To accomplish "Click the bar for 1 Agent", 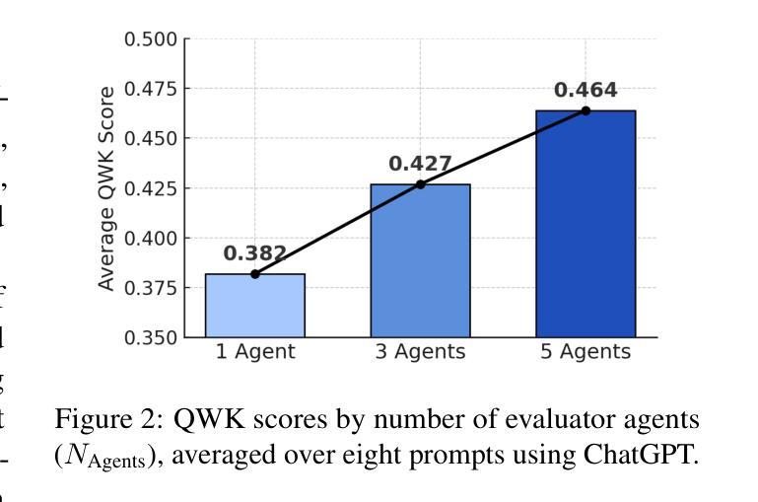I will click(x=254, y=306).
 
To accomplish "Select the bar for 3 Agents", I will click(x=420, y=261).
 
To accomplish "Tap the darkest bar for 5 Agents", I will click(x=586, y=224).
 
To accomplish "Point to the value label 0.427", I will click(x=420, y=164).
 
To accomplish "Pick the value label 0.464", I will click(x=586, y=90).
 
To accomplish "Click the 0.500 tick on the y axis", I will click(x=151, y=39).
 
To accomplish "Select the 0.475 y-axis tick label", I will click(x=151, y=89).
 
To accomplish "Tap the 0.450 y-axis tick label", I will click(x=151, y=139).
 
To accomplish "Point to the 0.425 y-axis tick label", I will click(x=151, y=188).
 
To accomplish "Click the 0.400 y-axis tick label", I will click(x=151, y=239).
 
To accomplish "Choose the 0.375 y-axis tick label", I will click(x=151, y=288).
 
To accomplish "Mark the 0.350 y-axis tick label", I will click(x=151, y=337).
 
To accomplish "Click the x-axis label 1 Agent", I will click(x=254, y=352).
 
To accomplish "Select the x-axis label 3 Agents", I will click(x=420, y=352).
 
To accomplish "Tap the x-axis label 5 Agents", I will click(x=586, y=352).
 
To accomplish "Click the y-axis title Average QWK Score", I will click(x=106, y=188).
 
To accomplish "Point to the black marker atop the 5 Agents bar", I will click(x=586, y=110).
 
